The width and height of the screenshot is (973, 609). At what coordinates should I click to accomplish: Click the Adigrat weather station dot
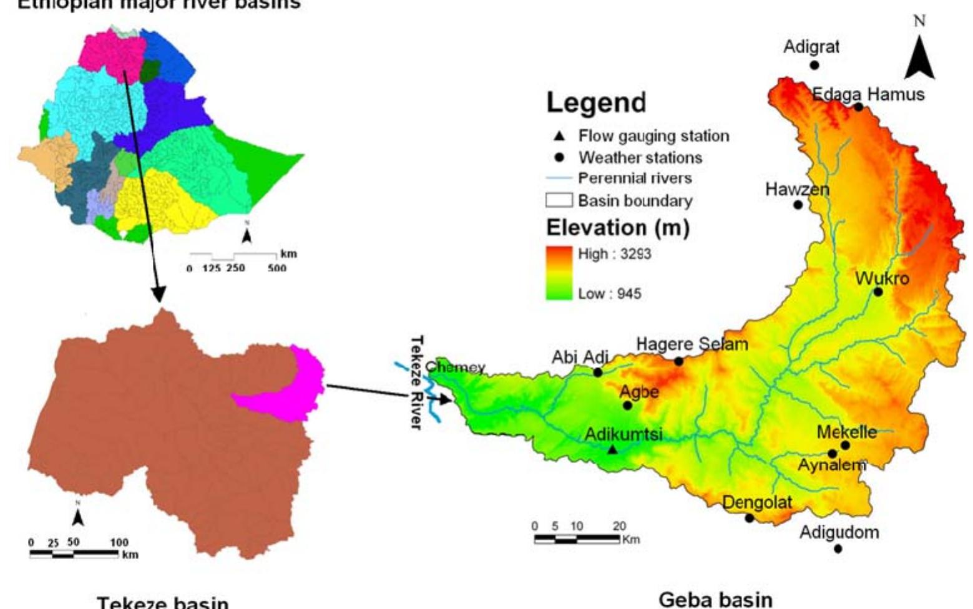[814, 65]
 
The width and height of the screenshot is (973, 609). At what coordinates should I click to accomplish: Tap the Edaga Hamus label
[868, 94]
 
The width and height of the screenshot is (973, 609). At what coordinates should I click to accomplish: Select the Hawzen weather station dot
[798, 205]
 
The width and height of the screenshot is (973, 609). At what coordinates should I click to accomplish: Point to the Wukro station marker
[878, 291]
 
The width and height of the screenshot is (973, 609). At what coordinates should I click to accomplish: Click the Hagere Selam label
[692, 344]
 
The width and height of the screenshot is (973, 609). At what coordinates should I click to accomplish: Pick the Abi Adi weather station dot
[598, 373]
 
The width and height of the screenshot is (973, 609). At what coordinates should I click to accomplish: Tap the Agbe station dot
[628, 406]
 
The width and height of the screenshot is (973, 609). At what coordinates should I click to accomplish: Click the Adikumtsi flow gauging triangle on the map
[613, 449]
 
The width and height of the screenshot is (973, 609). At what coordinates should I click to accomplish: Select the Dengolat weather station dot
[750, 518]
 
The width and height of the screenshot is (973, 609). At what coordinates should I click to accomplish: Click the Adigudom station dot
[838, 548]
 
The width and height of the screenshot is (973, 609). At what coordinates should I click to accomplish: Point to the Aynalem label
[832, 465]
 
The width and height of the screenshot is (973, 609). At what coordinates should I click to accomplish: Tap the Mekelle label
[846, 432]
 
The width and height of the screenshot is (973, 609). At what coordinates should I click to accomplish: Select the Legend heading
[596, 103]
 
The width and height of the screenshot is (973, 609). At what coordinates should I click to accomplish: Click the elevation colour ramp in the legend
[559, 273]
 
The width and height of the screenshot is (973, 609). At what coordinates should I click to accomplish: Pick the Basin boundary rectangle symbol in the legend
[559, 200]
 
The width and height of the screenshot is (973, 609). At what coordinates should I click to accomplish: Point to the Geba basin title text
[715, 600]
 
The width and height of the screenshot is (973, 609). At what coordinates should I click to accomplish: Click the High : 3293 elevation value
[614, 254]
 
